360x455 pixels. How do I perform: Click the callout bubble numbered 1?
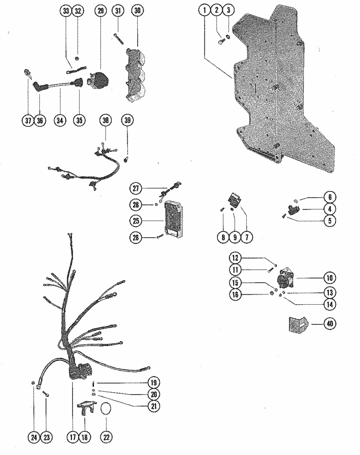tap(204, 11)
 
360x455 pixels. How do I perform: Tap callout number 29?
tap(100, 11)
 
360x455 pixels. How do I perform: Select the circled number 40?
tap(330, 323)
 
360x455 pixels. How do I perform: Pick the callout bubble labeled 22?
tap(106, 437)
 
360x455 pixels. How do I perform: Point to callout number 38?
tap(106, 120)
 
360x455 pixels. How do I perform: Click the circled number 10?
tap(330, 278)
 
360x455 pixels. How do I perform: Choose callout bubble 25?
tap(136, 221)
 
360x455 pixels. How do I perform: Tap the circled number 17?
tap(72, 437)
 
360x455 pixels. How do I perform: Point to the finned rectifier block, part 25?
tap(173, 219)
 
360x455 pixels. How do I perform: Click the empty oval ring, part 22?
tap(106, 409)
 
